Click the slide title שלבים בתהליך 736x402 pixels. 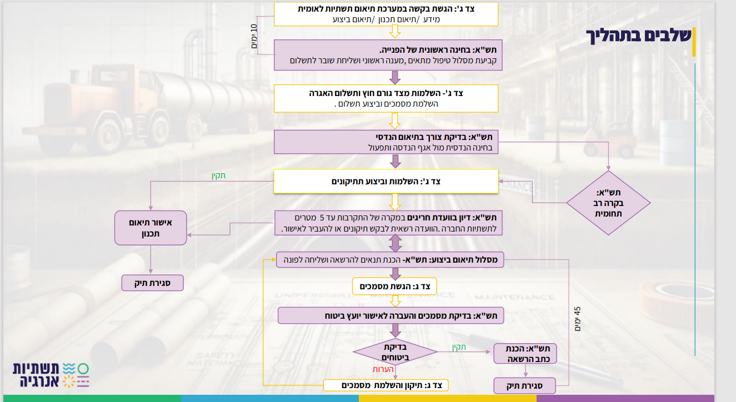tap(639, 36)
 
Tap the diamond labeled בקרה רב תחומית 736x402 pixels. tap(608, 203)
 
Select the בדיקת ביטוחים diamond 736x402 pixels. tap(395, 352)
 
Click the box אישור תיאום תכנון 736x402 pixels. tap(151, 228)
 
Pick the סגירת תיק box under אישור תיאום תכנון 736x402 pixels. tap(152, 283)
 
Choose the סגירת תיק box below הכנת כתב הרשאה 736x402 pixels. tap(524, 385)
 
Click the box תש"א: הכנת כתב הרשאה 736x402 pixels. tap(525, 353)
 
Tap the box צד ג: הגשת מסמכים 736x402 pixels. tap(394, 287)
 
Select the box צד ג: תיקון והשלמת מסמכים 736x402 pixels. tap(385, 385)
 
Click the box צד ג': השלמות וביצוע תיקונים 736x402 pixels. tap(386, 182)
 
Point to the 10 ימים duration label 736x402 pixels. tap(254, 37)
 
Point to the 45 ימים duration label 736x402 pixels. tap(577, 319)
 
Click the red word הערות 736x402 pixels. tap(383, 369)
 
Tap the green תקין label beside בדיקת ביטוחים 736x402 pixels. tap(459, 347)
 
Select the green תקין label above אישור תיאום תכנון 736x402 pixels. tap(218, 175)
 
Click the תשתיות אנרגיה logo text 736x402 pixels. tap(36, 375)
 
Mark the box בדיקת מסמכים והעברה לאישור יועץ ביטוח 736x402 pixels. tap(390, 315)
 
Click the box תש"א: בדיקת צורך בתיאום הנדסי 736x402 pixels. tap(386, 142)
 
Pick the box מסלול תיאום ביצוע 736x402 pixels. tap(390, 260)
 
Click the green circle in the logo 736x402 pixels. tap(83, 369)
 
